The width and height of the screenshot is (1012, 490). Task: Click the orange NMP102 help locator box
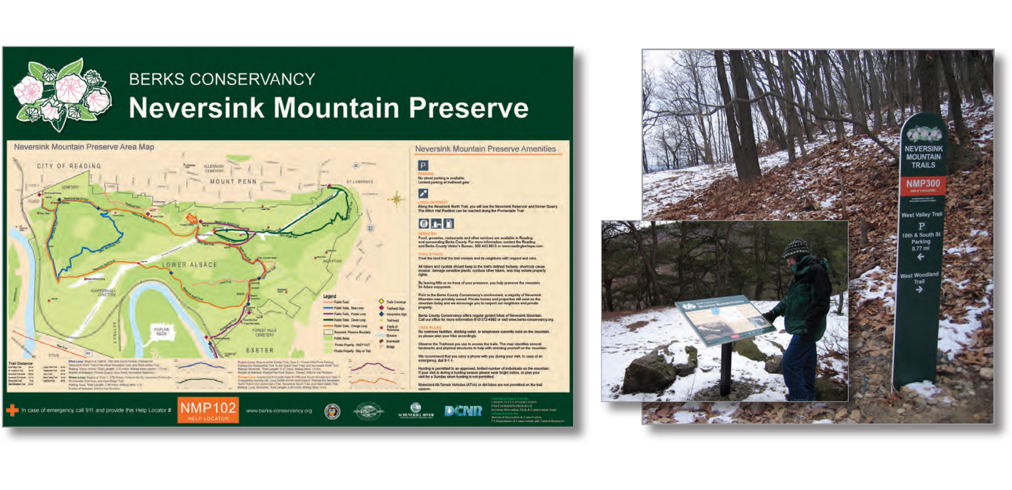click(x=208, y=410)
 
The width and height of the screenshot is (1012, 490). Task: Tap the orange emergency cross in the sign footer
click(x=12, y=410)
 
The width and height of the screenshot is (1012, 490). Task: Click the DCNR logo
click(x=463, y=411)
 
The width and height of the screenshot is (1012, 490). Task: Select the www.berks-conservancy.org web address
click(x=279, y=411)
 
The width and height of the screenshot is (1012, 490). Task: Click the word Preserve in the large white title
click(x=468, y=108)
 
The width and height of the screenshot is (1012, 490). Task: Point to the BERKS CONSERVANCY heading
click(x=222, y=79)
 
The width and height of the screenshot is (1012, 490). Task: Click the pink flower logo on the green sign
click(x=62, y=94)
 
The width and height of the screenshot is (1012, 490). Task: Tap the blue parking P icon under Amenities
click(x=423, y=165)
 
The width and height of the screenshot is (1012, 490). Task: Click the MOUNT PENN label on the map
click(x=233, y=182)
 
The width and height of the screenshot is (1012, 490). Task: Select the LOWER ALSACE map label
click(x=189, y=264)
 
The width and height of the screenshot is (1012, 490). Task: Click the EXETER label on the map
click(x=260, y=350)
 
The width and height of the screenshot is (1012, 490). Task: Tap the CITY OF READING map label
click(x=69, y=166)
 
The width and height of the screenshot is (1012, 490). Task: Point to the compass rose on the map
click(x=396, y=199)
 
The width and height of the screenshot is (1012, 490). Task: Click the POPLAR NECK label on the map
click(x=161, y=331)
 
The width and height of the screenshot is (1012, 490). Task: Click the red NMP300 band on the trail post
click(x=923, y=184)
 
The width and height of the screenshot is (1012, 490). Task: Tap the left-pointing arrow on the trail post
click(x=920, y=257)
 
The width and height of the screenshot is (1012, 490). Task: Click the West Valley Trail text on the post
click(x=921, y=214)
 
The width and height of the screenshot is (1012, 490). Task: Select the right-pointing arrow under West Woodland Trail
click(x=919, y=289)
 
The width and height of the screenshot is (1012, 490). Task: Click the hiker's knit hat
click(x=796, y=248)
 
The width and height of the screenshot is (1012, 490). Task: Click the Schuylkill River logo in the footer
click(x=416, y=410)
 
